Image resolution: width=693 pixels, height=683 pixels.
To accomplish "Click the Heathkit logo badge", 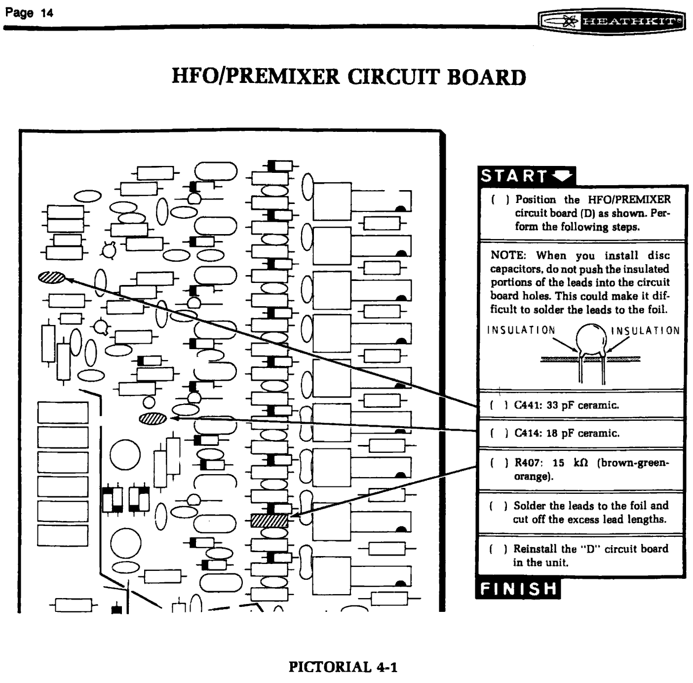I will pos(612,21).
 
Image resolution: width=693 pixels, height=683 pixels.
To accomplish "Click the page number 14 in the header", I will pos(47,13).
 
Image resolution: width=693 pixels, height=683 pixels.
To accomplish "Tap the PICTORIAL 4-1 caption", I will pos(343,667).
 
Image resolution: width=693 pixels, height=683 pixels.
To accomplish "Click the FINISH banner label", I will pos(518,589).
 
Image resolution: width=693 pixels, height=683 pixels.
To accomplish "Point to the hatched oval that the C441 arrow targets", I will pos(51,278).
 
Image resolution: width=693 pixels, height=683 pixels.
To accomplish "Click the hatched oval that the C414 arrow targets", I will pos(153,419).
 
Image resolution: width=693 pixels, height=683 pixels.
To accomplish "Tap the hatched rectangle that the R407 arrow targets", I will pos(269,521).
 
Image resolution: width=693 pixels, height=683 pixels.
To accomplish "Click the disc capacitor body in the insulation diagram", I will pos(591,339).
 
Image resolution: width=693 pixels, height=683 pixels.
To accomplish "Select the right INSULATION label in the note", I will pos(646,330).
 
